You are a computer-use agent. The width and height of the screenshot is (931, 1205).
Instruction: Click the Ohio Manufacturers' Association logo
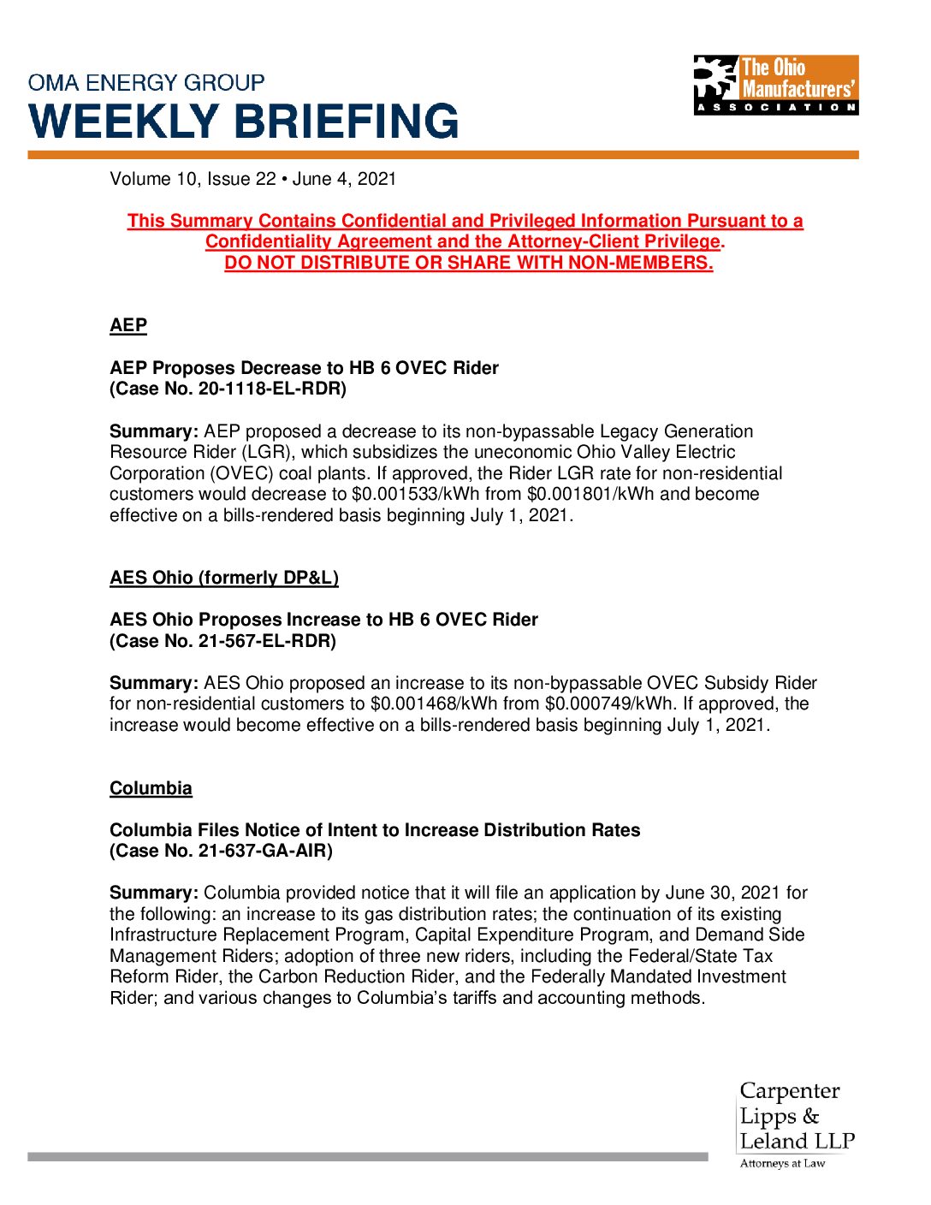(775, 85)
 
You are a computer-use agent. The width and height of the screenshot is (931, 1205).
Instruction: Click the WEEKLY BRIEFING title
(244, 121)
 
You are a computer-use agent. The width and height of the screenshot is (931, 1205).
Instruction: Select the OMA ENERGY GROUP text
(146, 83)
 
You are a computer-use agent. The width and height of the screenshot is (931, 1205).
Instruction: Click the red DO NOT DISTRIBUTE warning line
(468, 263)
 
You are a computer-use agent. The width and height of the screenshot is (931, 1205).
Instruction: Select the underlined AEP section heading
(128, 325)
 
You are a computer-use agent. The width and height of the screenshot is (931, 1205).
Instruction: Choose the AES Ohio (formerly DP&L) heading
(224, 578)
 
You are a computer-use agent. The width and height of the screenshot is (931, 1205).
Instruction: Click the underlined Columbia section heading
(151, 788)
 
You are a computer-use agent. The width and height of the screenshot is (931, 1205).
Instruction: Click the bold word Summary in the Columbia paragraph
(154, 893)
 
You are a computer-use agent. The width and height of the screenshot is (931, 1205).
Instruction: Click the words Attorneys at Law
(782, 1163)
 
